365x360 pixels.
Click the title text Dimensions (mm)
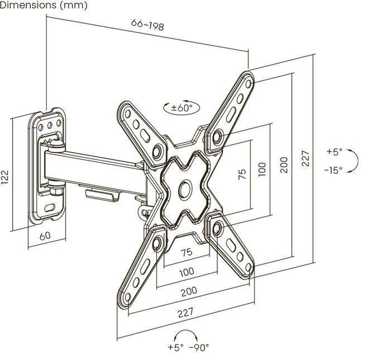44,5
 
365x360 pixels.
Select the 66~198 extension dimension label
147,25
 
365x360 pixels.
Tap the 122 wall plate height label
5,177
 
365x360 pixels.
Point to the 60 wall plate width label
45,236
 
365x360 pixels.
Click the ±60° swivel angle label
182,108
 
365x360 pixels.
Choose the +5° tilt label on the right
334,151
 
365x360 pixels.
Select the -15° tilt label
333,170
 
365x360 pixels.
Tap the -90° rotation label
199,348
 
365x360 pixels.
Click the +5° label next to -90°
176,348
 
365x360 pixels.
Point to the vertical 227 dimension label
305,159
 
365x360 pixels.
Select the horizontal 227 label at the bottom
185,313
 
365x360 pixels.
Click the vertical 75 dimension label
242,174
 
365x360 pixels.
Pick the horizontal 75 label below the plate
187,252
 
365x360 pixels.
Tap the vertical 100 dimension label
262,170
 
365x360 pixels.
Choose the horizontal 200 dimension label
189,291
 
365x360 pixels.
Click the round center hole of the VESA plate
185,189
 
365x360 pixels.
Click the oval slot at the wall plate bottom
50,207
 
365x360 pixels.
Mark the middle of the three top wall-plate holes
50,125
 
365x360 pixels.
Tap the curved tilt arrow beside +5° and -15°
354,161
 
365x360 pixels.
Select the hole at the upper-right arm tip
248,84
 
